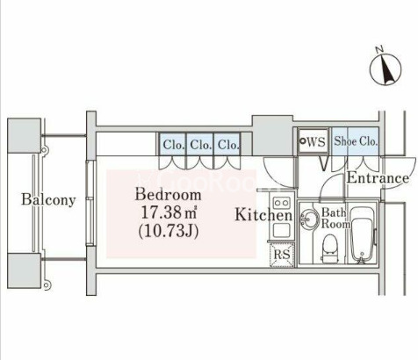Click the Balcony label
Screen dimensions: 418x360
click(x=48, y=200)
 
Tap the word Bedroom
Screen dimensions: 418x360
click(x=168, y=195)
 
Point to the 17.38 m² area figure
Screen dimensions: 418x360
click(x=169, y=212)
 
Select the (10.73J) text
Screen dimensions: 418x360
click(x=169, y=231)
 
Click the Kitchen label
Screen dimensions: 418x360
click(x=263, y=215)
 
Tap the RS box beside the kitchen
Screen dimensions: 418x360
click(x=282, y=255)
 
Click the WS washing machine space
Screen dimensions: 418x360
click(x=313, y=141)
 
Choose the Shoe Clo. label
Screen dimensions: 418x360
click(x=356, y=141)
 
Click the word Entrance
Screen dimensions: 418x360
click(x=378, y=177)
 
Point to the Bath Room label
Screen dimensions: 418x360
click(x=335, y=219)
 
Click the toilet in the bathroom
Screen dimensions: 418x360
click(x=330, y=248)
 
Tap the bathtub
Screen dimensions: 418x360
click(x=362, y=234)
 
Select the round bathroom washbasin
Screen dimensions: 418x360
click(x=310, y=219)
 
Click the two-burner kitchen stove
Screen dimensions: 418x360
click(x=281, y=202)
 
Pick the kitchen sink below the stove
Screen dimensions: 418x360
click(x=282, y=230)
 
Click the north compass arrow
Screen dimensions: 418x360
click(x=387, y=69)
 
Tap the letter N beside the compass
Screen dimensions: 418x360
click(x=379, y=49)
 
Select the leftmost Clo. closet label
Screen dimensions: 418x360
click(x=174, y=145)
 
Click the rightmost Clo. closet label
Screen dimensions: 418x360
click(x=228, y=145)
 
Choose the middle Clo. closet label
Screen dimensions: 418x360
click(x=201, y=145)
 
